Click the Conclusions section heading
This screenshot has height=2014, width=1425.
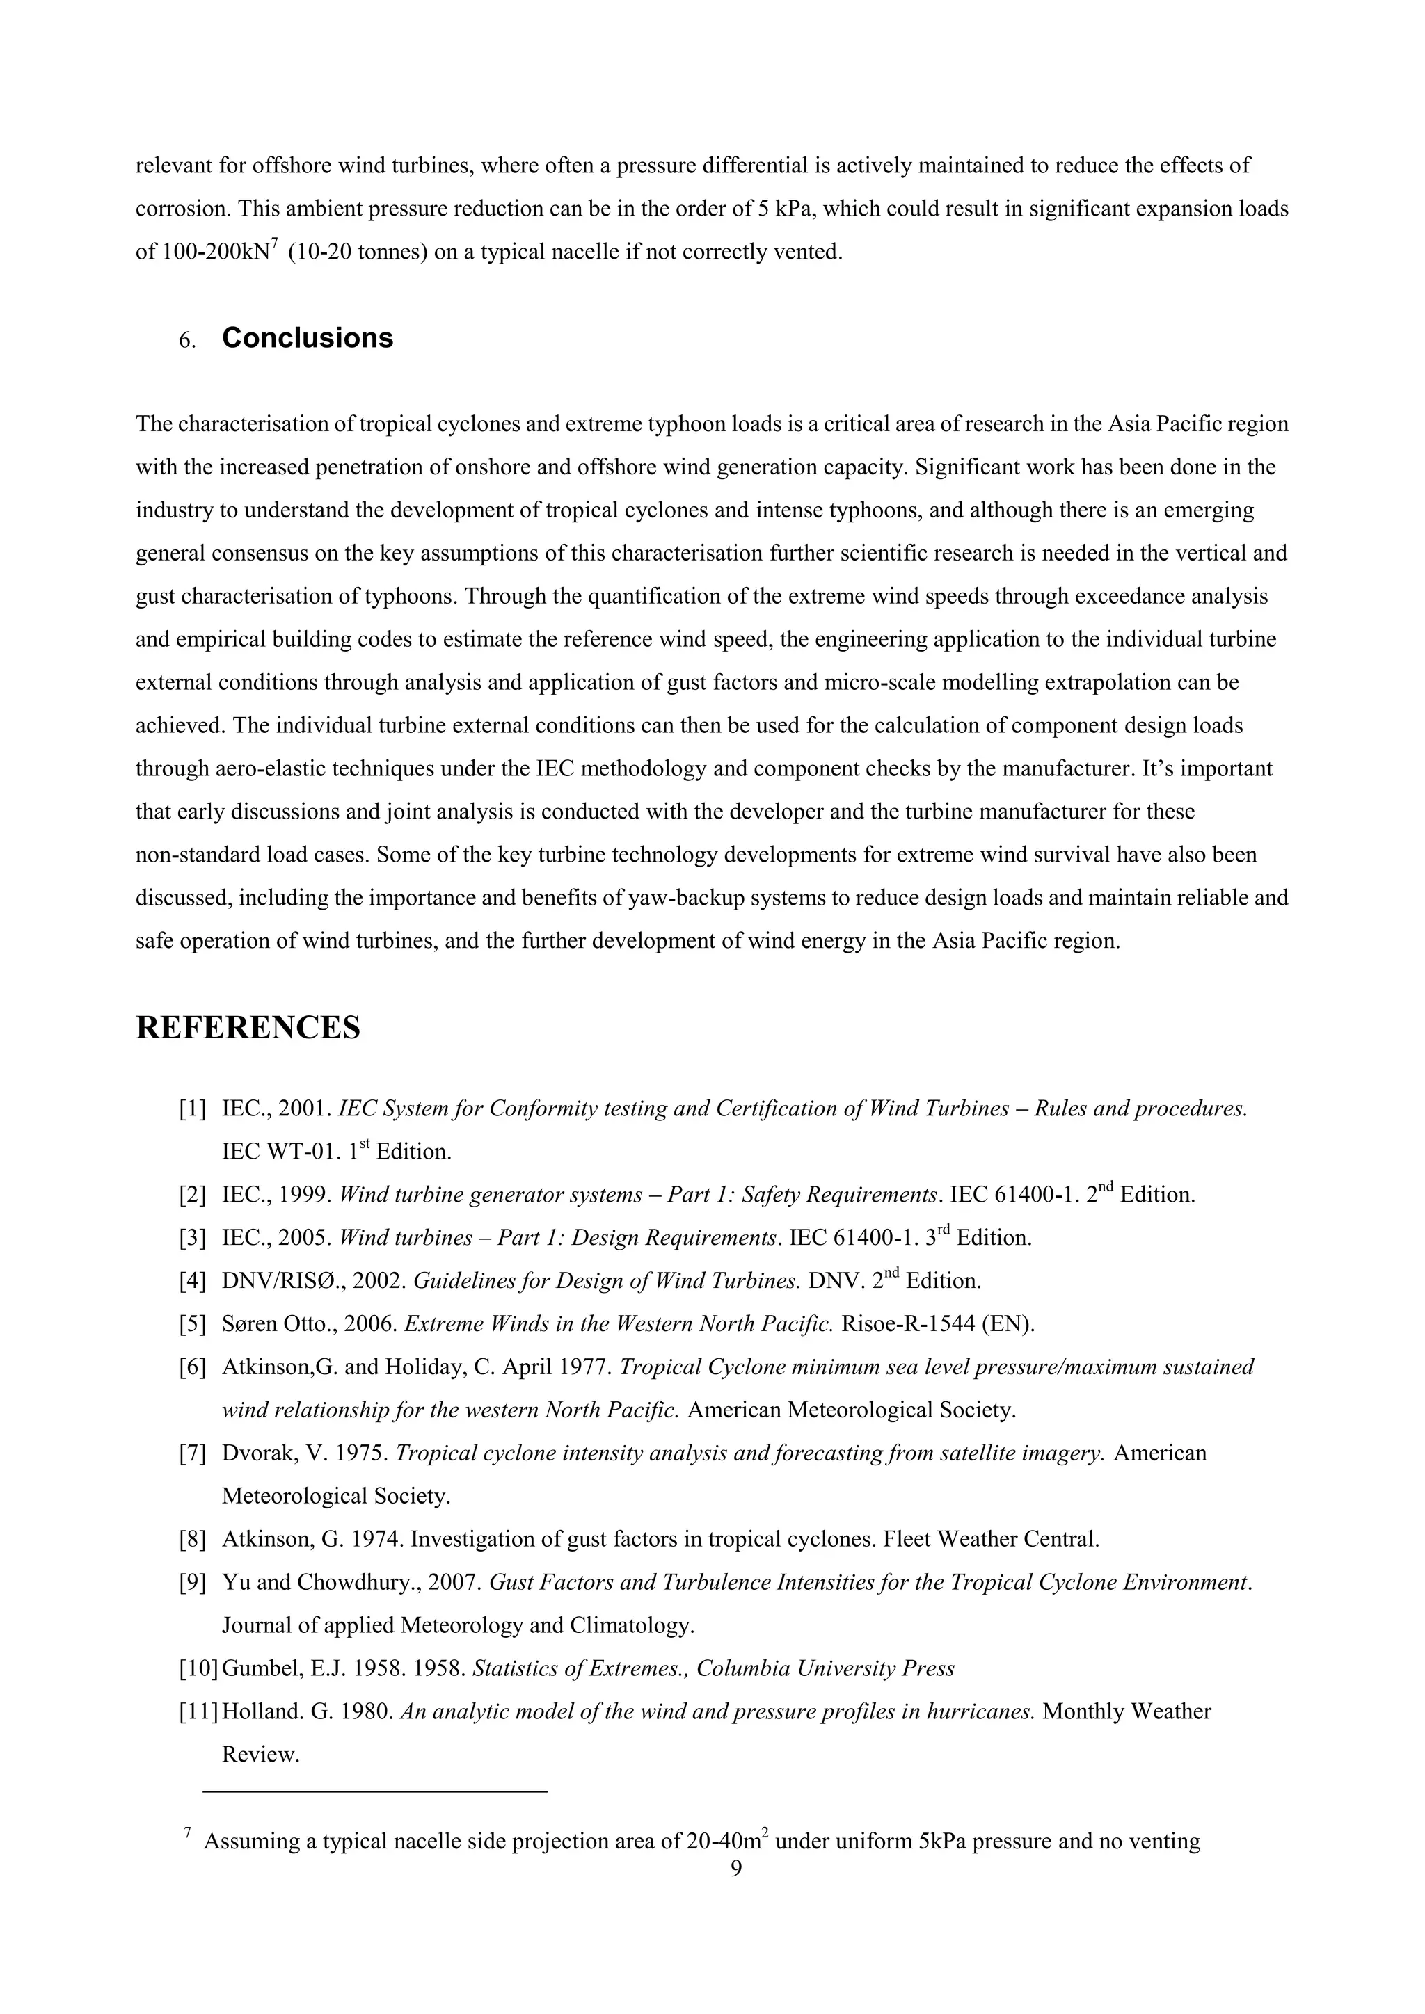click(307, 338)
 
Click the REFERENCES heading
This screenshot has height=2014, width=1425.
click(248, 1027)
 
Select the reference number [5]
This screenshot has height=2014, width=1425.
click(192, 1323)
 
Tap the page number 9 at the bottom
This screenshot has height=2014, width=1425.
click(736, 1869)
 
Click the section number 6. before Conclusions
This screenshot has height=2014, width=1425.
click(187, 340)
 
